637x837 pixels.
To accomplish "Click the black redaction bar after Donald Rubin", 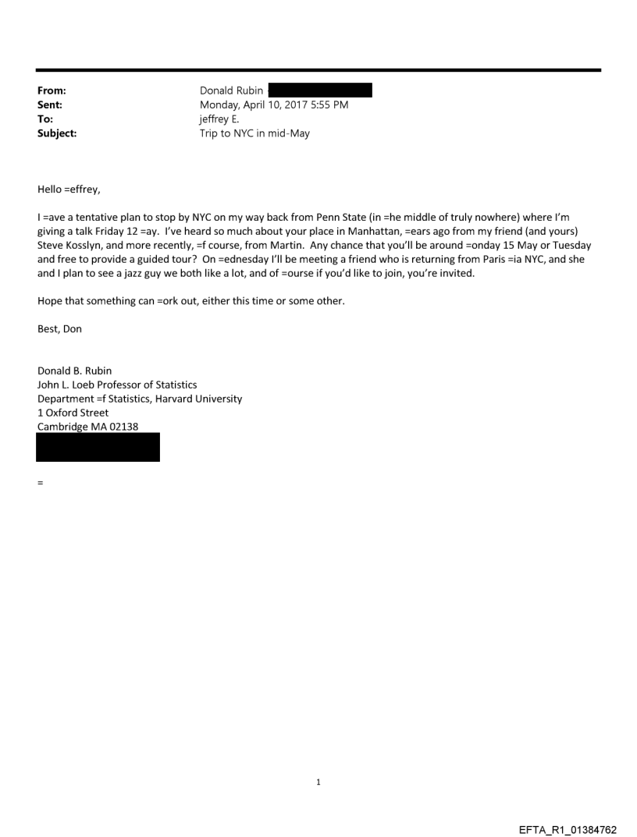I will (320, 90).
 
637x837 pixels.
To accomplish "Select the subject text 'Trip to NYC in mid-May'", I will (254, 133).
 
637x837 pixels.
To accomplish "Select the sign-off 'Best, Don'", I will (59, 328).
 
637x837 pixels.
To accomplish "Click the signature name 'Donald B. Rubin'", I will (74, 371).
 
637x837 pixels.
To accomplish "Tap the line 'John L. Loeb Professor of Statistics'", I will (117, 385).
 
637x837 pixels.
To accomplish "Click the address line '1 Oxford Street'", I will (73, 413).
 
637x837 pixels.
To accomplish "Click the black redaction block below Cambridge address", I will (98, 448).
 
